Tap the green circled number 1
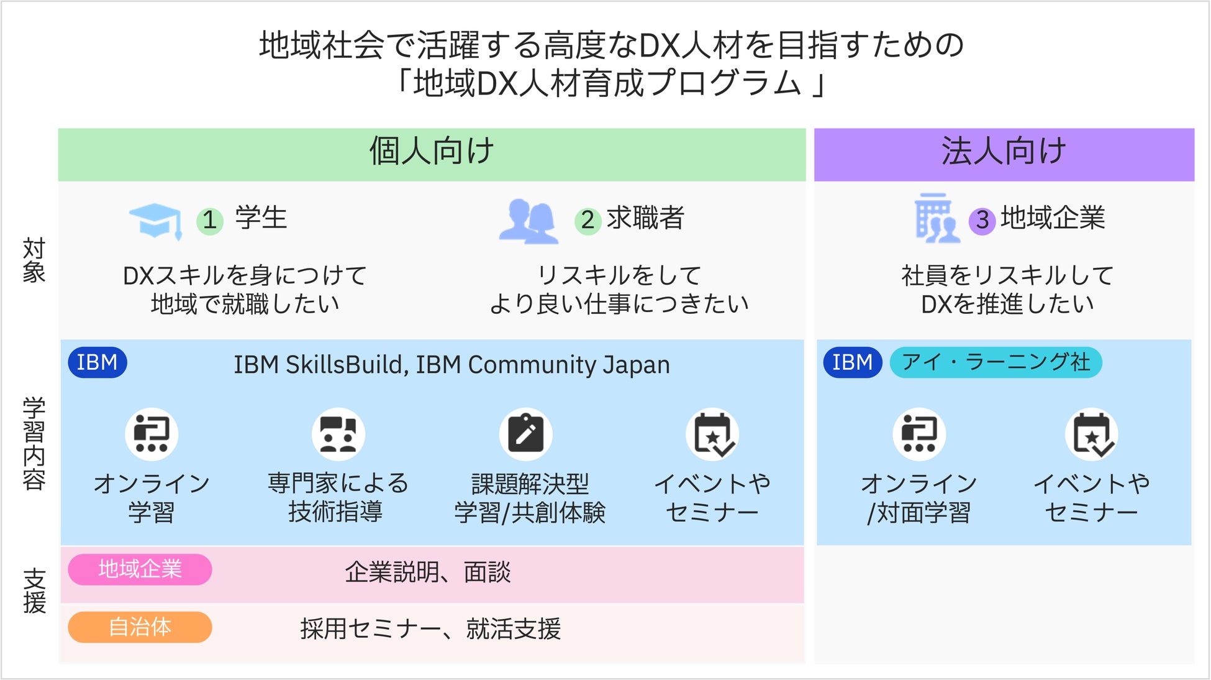point(210,220)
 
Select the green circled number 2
point(587,220)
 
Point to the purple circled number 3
point(982,220)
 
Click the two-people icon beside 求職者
point(528,221)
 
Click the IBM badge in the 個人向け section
point(98,362)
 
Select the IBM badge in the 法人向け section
point(852,362)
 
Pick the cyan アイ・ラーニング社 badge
point(996,362)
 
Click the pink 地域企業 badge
point(140,569)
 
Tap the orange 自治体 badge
point(140,627)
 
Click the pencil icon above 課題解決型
point(525,434)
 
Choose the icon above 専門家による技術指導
point(338,434)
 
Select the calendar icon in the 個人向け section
point(712,434)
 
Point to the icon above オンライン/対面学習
point(919,434)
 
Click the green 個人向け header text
point(432,152)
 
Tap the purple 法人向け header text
point(1004,152)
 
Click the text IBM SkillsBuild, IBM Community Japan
point(451,365)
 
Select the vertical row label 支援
point(34,590)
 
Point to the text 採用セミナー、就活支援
point(430,629)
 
